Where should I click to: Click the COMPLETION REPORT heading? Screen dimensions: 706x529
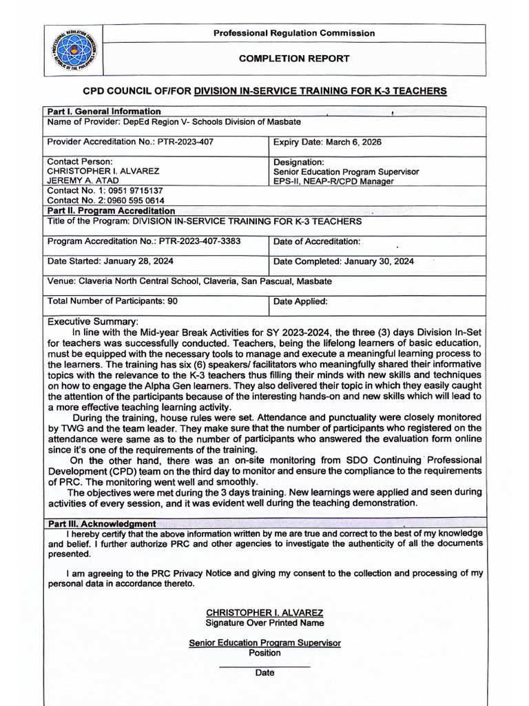[x=293, y=59]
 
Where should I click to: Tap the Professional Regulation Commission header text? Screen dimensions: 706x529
[x=293, y=33]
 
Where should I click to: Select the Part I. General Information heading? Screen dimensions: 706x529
[x=103, y=112]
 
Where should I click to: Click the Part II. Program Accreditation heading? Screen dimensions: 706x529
[x=110, y=211]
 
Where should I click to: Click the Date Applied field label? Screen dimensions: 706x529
[x=300, y=301]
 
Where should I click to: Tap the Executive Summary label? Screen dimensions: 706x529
[x=92, y=321]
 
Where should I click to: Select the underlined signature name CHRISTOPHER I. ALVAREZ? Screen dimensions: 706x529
[x=264, y=613]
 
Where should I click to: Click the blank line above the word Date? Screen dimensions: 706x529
[x=264, y=667]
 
